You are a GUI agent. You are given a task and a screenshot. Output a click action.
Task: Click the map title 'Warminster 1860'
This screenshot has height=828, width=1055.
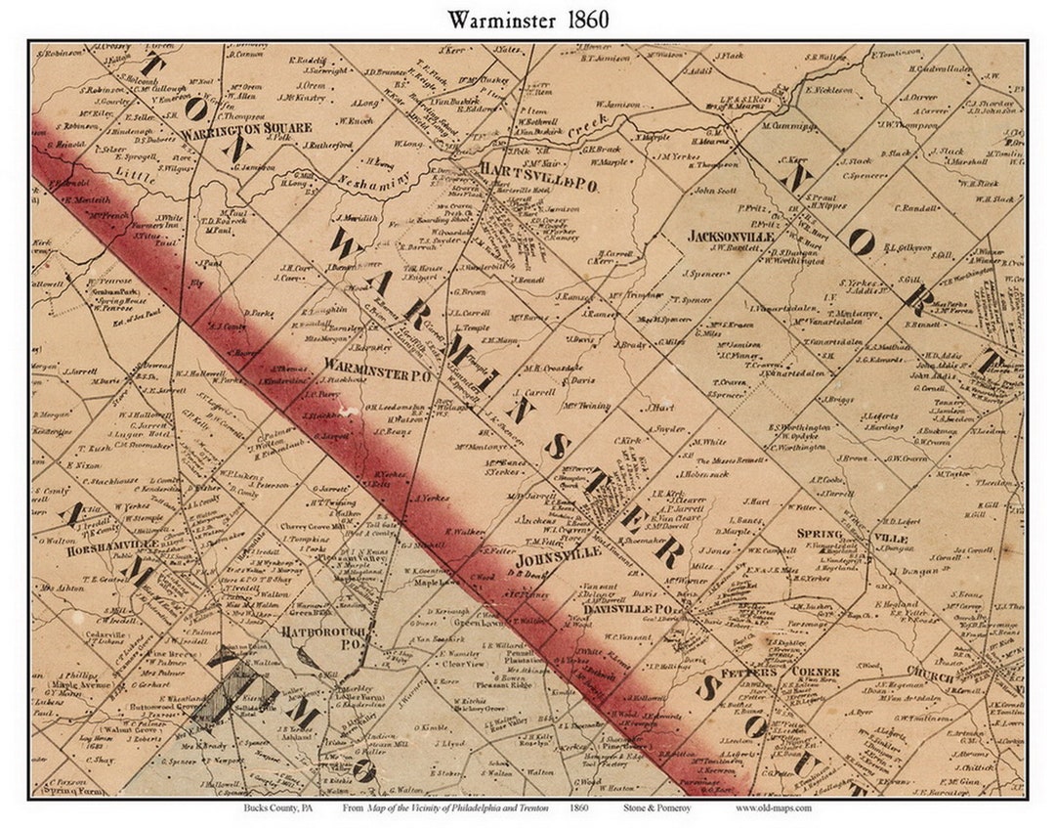tap(527, 20)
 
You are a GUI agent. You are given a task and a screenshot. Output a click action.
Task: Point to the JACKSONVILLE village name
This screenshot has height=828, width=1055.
tap(731, 237)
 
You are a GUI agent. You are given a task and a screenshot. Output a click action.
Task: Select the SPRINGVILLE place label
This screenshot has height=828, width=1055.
tap(852, 536)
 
